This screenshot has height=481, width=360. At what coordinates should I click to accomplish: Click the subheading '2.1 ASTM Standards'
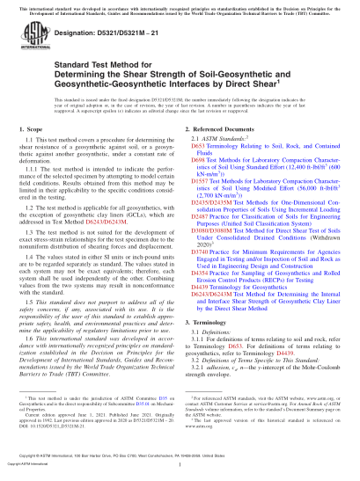218,163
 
